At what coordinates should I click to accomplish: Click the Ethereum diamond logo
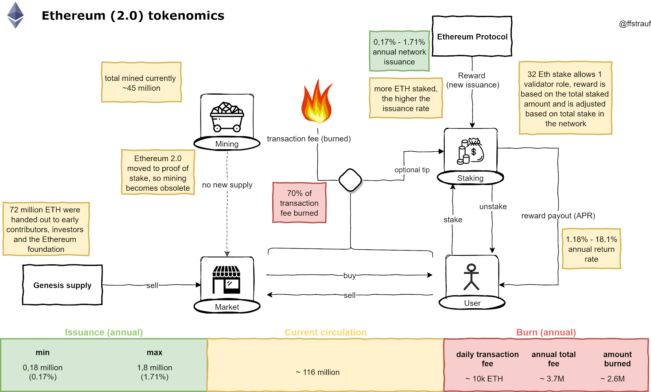(15, 15)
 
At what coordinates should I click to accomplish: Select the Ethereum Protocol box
(472, 36)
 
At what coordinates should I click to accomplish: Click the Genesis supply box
(63, 285)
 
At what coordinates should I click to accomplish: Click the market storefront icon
(226, 280)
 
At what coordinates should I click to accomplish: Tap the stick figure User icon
(472, 277)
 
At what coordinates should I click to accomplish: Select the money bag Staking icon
(470, 151)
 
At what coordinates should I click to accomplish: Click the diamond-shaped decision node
(350, 180)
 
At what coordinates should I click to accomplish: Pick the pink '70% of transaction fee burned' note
(299, 203)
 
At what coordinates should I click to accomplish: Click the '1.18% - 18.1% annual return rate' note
(591, 249)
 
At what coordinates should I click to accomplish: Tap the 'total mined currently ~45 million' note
(141, 82)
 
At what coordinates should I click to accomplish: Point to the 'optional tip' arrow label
(412, 170)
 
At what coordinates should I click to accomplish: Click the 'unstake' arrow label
(493, 207)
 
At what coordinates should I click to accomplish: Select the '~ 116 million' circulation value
(318, 372)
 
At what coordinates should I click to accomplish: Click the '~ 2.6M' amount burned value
(612, 379)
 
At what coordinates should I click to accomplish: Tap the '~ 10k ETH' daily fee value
(484, 379)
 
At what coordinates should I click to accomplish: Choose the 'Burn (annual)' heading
(546, 332)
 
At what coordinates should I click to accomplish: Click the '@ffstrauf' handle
(635, 24)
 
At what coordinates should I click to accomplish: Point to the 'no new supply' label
(227, 185)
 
